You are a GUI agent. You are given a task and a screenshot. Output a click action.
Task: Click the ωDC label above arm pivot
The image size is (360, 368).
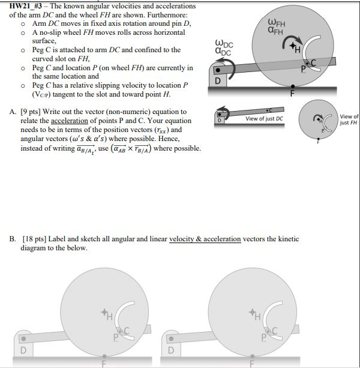(x=224, y=47)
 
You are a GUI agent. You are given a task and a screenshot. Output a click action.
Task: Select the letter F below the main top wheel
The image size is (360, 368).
(x=293, y=93)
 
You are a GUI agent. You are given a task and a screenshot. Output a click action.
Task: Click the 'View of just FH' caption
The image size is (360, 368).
(x=349, y=119)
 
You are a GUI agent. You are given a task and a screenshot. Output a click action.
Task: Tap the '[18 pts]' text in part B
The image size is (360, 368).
(x=34, y=239)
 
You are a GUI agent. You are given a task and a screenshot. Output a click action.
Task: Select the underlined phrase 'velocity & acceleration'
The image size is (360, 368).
(x=205, y=239)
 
